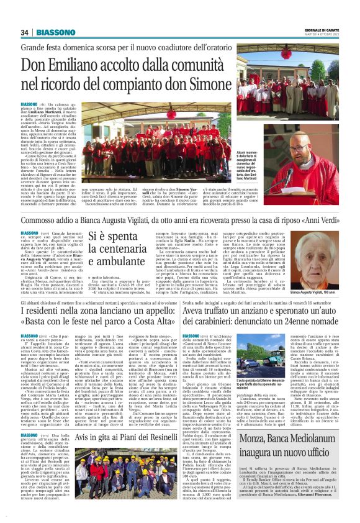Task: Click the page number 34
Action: [x=25, y=32]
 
